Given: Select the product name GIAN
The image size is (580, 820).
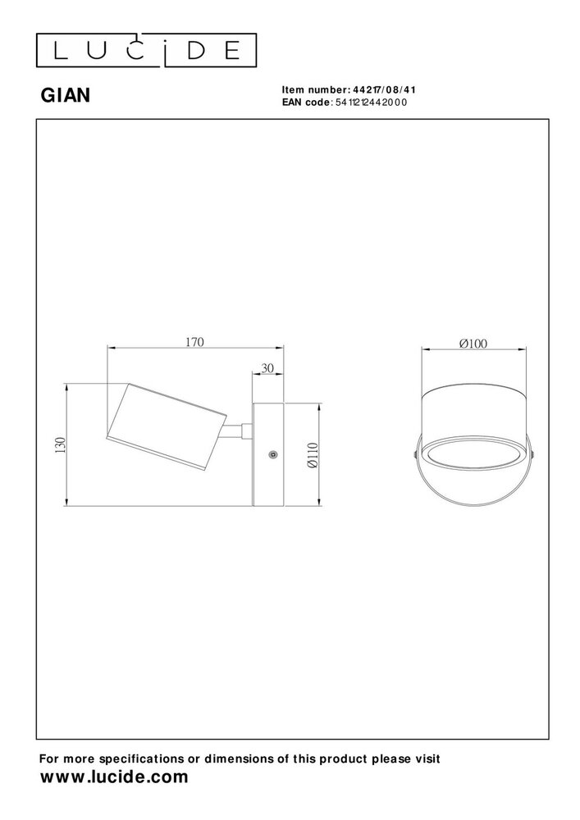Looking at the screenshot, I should click(x=66, y=96).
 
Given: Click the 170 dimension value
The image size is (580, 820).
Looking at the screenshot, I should click(x=194, y=341).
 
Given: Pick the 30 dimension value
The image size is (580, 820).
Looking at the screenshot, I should click(x=267, y=369).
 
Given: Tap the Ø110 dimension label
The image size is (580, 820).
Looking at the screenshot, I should click(x=312, y=454).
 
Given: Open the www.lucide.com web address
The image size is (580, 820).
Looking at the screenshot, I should click(x=114, y=777).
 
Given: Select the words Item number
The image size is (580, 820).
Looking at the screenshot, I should click(x=315, y=90).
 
